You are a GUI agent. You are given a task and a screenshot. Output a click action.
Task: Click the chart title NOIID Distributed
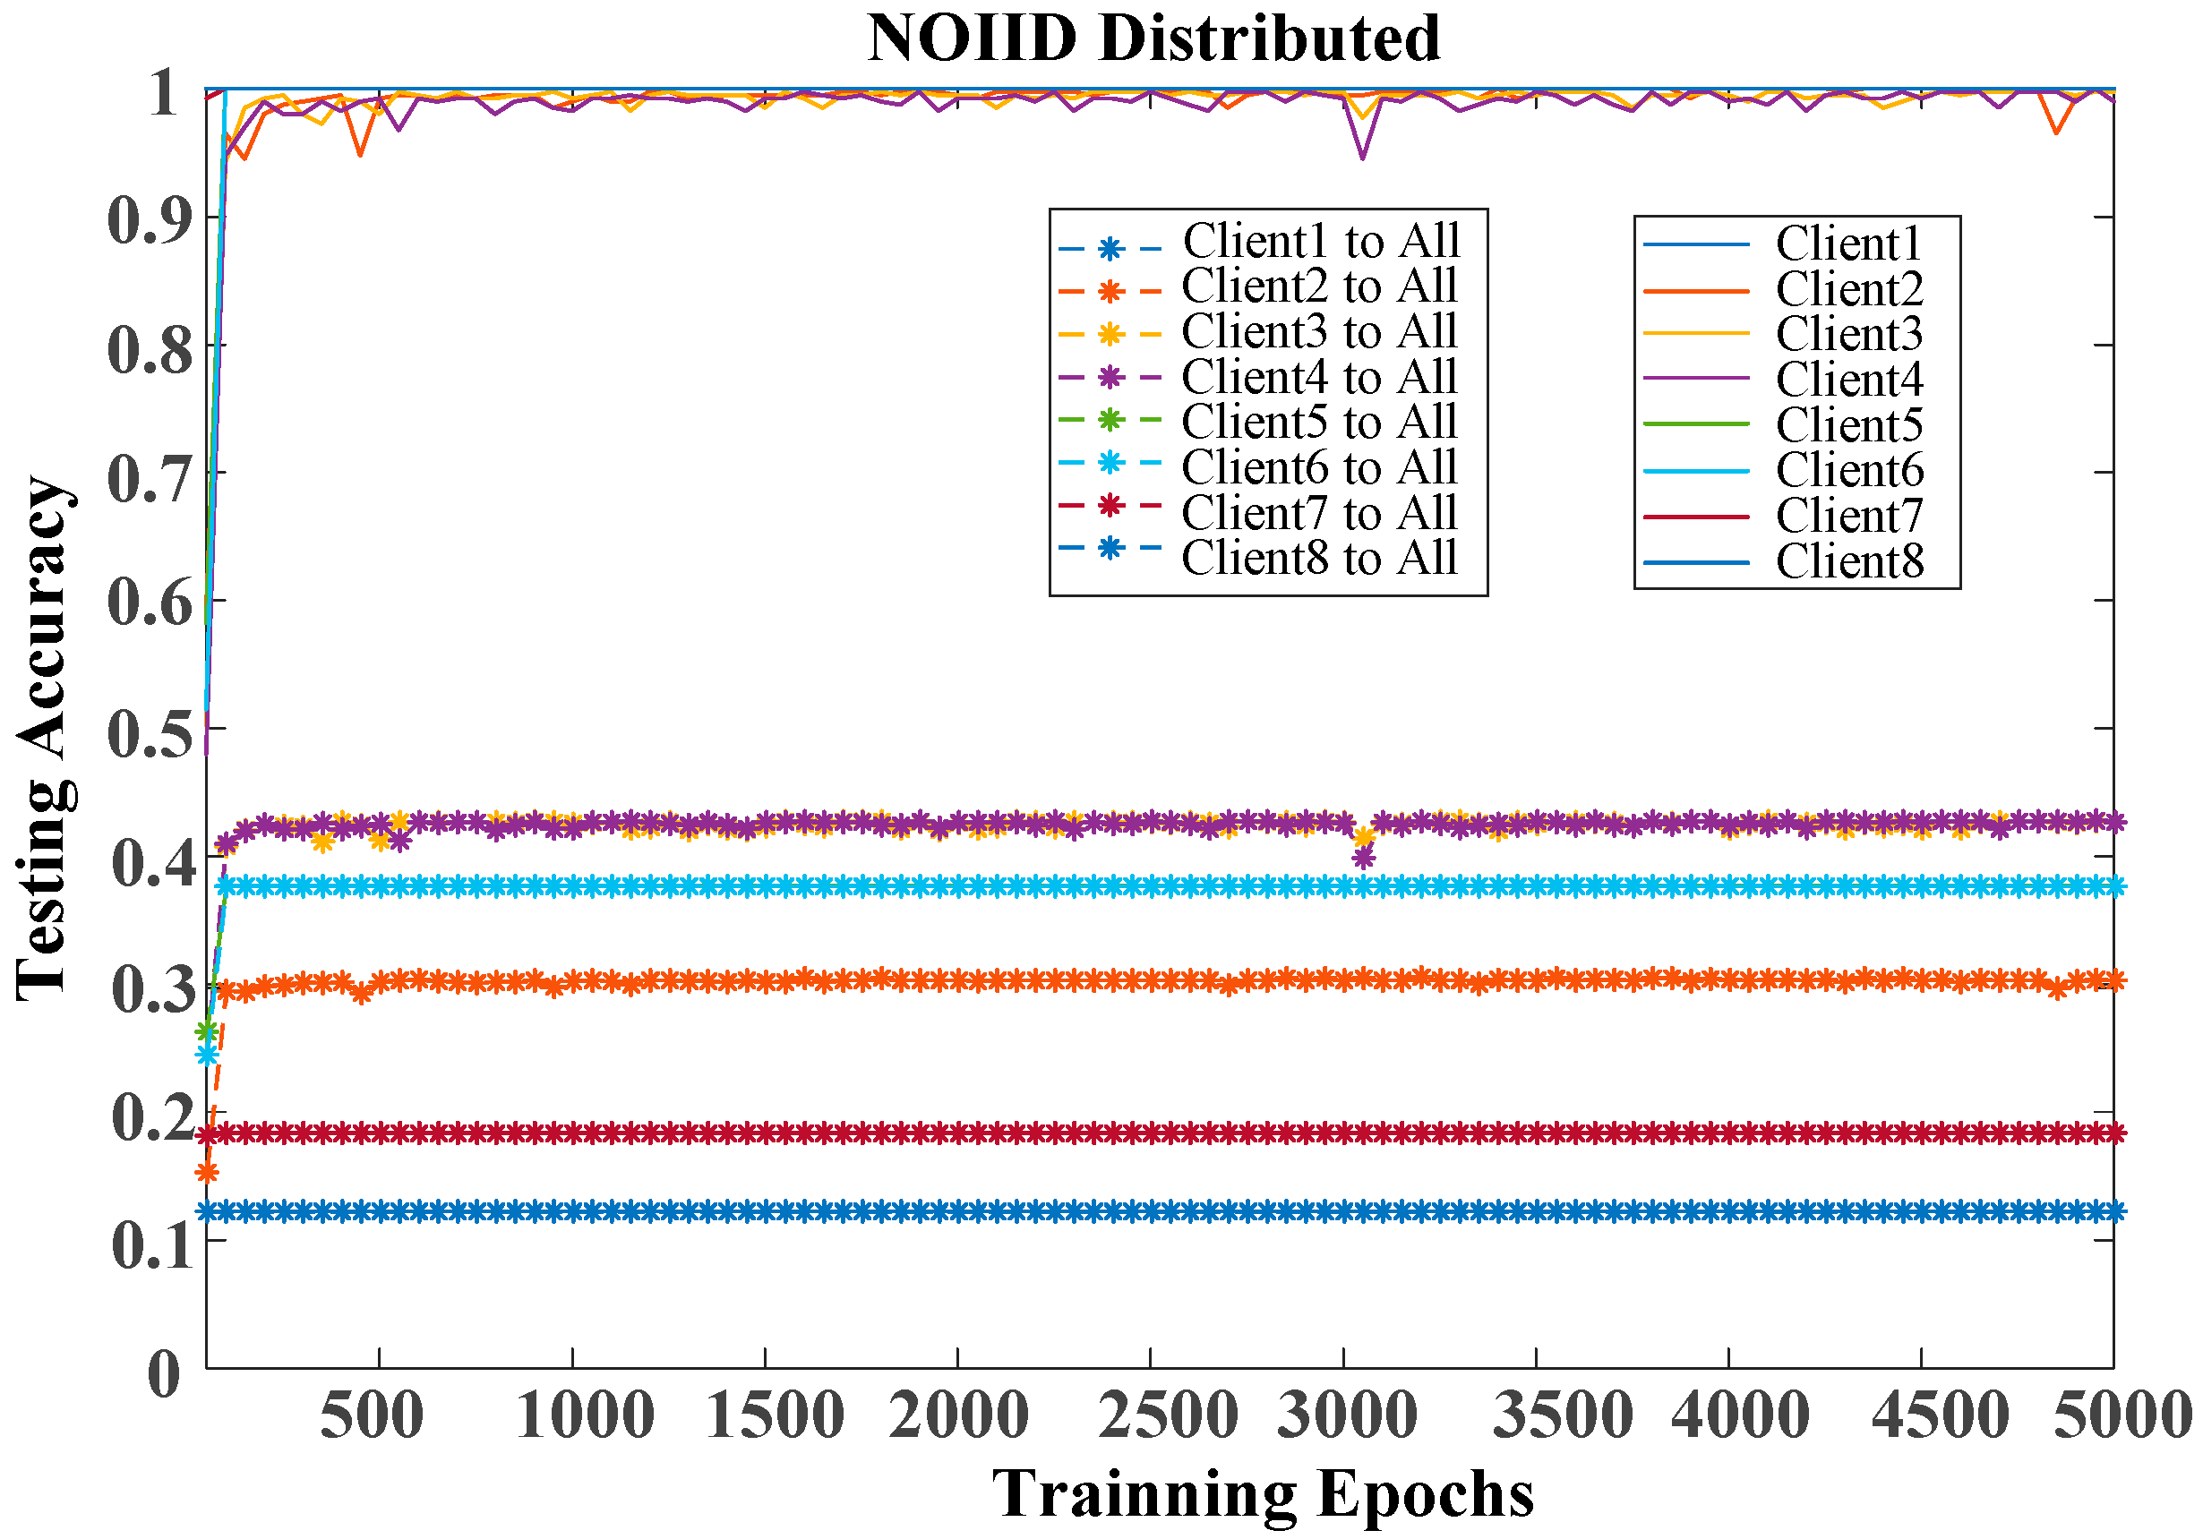point(1153,38)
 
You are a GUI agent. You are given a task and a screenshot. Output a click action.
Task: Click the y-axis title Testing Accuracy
point(43,737)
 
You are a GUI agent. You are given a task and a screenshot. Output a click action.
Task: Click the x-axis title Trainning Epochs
point(1263,1495)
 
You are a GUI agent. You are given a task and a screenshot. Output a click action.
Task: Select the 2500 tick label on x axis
point(1167,1415)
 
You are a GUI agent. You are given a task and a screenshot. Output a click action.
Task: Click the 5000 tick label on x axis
point(2122,1415)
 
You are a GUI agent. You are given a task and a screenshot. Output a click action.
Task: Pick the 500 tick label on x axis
point(372,1415)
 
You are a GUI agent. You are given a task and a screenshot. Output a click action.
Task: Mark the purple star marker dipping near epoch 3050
point(1363,858)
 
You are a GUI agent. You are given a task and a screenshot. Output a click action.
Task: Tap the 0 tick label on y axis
point(164,1374)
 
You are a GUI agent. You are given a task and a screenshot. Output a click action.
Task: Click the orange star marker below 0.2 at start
point(206,1173)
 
